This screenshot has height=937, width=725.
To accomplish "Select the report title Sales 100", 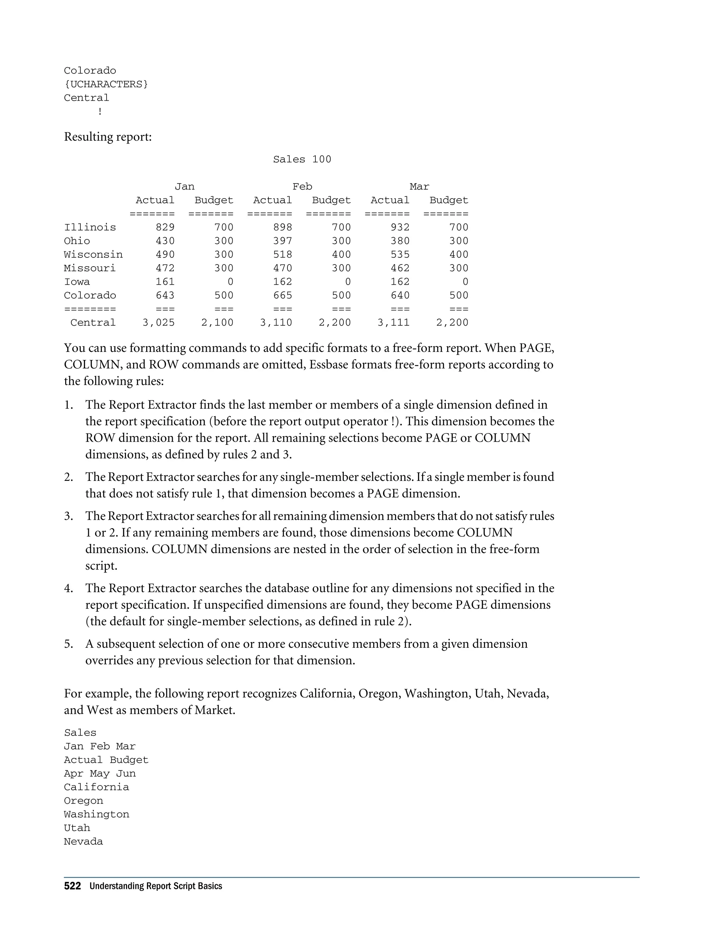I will (302, 159).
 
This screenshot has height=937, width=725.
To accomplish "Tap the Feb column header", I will (302, 187).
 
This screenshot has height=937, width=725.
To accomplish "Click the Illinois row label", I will (90, 227).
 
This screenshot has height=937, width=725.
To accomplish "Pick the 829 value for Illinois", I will (165, 227).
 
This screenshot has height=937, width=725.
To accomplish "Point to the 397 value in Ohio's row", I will (282, 241).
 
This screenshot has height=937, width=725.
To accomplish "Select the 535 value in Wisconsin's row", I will (400, 255).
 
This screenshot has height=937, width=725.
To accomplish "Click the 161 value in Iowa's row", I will (165, 282).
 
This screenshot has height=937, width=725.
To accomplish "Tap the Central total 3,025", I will (159, 322).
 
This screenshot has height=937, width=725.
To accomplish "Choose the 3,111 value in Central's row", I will (393, 322).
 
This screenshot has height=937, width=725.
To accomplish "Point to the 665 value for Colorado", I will (282, 296).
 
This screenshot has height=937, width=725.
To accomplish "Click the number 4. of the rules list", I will (69, 588).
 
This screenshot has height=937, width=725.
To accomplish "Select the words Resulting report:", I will (108, 137).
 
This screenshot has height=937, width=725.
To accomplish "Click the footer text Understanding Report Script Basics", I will (155, 886).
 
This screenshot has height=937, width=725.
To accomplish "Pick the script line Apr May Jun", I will (99, 774).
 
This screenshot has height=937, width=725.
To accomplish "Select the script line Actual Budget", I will (106, 760).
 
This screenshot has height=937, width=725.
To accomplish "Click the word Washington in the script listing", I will (96, 814).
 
